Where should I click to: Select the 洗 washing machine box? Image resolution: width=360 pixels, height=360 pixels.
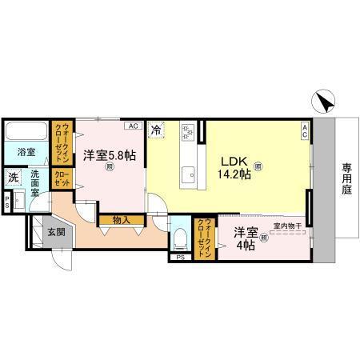point(14,178)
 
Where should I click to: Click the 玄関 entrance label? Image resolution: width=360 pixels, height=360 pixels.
point(57,233)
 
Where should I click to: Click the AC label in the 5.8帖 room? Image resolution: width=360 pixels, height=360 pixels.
point(133,126)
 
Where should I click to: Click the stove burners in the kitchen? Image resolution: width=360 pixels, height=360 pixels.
point(188,130)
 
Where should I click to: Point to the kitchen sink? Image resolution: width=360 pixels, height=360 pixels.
point(188,174)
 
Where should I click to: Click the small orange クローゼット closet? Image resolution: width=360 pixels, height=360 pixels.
point(61,179)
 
